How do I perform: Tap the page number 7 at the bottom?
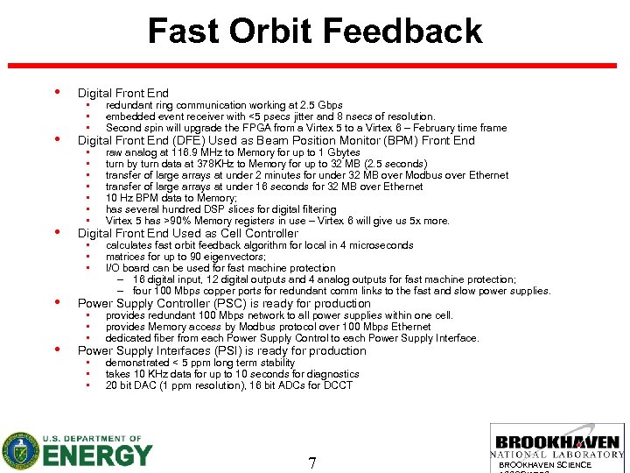click(x=312, y=462)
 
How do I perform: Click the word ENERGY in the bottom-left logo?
click(x=97, y=455)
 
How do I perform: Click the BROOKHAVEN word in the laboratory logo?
click(x=557, y=443)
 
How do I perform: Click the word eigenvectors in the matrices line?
click(x=237, y=258)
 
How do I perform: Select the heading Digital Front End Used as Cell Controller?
click(x=187, y=234)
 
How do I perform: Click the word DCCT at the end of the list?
click(x=338, y=385)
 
